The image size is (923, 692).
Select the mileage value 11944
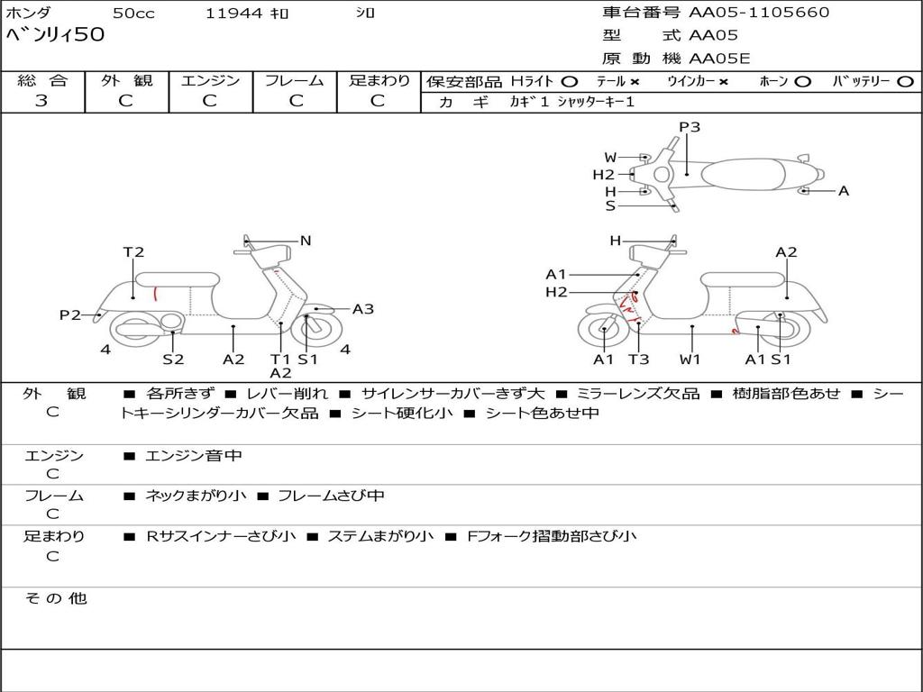(233, 14)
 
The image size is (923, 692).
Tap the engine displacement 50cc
(133, 14)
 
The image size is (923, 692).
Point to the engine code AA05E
(719, 59)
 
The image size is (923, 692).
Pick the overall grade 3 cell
(41, 101)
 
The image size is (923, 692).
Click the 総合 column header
(41, 81)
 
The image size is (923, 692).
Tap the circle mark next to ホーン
(802, 82)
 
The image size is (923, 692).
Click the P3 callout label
(690, 127)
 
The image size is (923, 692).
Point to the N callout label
(306, 241)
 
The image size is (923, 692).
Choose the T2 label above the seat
(133, 252)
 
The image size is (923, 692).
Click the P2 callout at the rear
(70, 314)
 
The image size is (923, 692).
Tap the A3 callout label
(363, 309)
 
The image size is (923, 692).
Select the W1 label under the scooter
(690, 360)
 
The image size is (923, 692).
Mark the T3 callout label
(638, 360)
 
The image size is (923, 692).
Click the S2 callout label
(173, 360)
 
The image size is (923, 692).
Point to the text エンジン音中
(193, 456)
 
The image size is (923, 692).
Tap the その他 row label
(55, 598)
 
